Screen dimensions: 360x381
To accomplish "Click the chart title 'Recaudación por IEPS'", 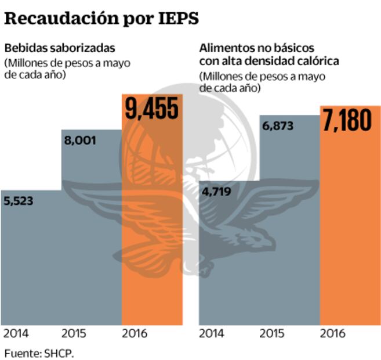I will pyautogui.click(x=101, y=18).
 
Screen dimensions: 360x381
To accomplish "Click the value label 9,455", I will pyautogui.click(x=152, y=108).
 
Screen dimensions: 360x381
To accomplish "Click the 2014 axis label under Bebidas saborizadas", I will pyautogui.click(x=16, y=334).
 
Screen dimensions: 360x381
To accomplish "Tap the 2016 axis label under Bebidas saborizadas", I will pyautogui.click(x=135, y=334).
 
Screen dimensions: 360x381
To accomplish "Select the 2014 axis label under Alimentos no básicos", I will pyautogui.click(x=213, y=334).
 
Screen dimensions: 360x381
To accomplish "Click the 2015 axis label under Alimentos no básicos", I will pyautogui.click(x=273, y=334).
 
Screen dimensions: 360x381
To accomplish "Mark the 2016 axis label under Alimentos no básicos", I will pyautogui.click(x=333, y=334).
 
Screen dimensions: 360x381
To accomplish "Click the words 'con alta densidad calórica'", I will pyautogui.click(x=269, y=61).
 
